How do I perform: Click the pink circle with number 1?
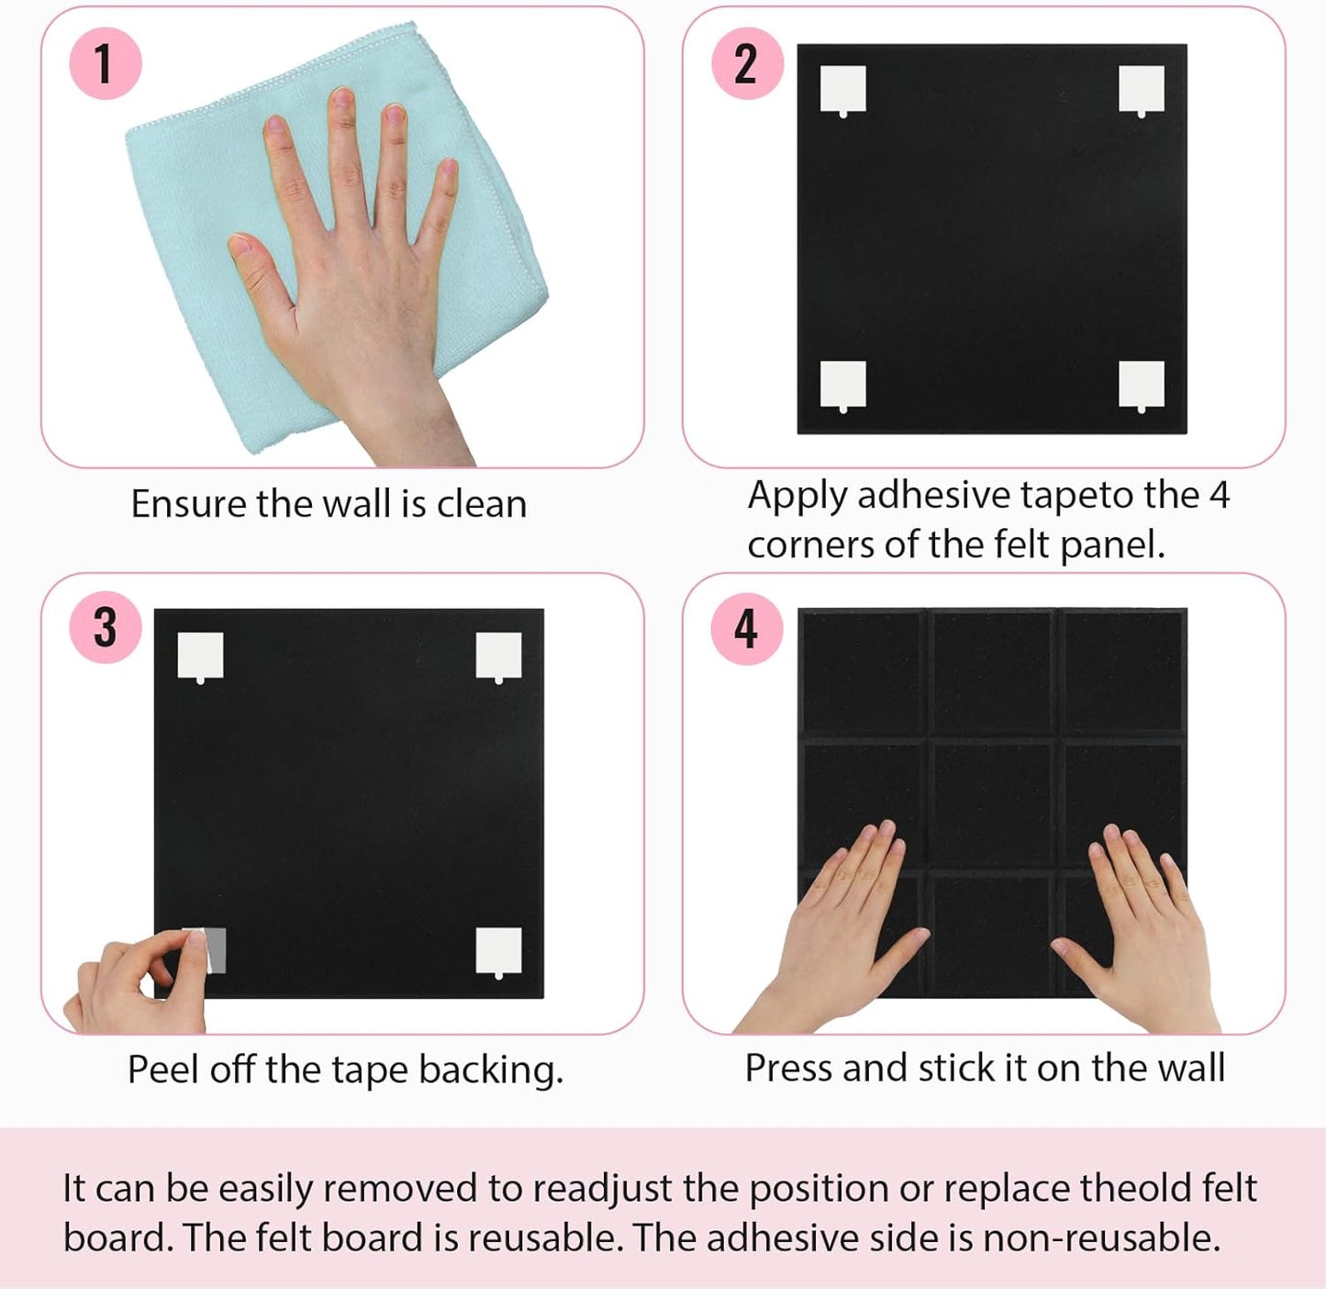(x=105, y=63)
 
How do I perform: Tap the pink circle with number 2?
(x=747, y=63)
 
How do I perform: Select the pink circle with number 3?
(x=105, y=628)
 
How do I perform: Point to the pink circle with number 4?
(x=747, y=629)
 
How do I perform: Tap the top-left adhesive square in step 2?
(x=842, y=89)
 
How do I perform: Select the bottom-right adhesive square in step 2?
(x=1142, y=384)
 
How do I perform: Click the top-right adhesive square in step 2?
(x=1142, y=89)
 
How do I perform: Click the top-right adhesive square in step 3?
(x=498, y=655)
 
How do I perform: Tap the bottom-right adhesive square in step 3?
(x=498, y=950)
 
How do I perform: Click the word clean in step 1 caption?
(x=481, y=504)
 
